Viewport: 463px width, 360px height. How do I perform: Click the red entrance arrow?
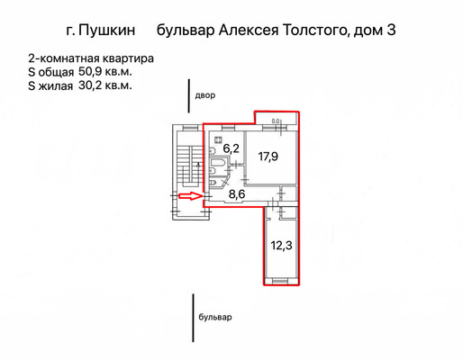pyautogui.click(x=190, y=196)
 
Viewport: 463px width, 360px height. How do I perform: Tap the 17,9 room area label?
pyautogui.click(x=268, y=157)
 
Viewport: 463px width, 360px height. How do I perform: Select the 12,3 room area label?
pyautogui.click(x=281, y=246)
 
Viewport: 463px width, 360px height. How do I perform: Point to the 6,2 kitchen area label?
pyautogui.click(x=231, y=148)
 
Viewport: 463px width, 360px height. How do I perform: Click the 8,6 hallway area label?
pyautogui.click(x=237, y=194)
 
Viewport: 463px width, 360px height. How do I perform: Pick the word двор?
pyautogui.click(x=205, y=95)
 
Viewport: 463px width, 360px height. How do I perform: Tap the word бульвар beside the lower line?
pyautogui.click(x=215, y=317)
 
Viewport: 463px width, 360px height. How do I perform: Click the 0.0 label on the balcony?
pyautogui.click(x=275, y=121)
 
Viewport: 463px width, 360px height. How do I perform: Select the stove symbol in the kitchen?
pyautogui.click(x=218, y=139)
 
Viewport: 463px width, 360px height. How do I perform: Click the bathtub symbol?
pyautogui.click(x=218, y=163)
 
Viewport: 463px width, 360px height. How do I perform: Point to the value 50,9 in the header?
pyautogui.click(x=90, y=72)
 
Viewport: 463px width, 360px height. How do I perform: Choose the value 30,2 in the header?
pyautogui.click(x=90, y=85)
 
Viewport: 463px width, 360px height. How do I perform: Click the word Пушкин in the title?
pyautogui.click(x=106, y=30)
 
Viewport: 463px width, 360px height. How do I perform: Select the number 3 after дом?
pyautogui.click(x=391, y=30)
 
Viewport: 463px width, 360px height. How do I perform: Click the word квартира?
pyautogui.click(x=128, y=58)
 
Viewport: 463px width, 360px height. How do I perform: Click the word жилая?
pyautogui.click(x=56, y=86)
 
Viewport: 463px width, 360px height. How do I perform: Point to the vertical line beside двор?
pyautogui.click(x=189, y=96)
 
